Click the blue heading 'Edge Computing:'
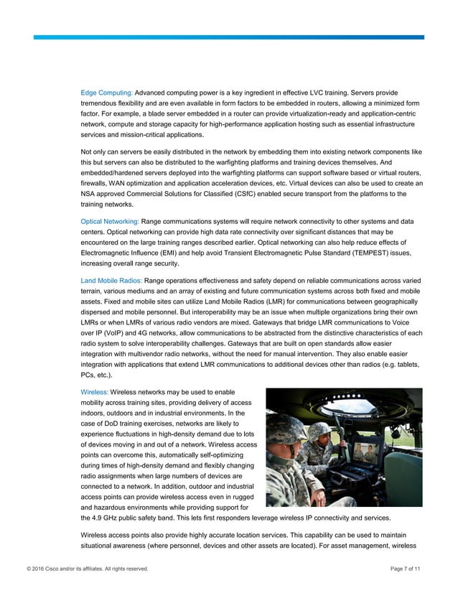106,93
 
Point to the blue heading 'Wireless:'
94,391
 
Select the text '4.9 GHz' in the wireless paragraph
106,518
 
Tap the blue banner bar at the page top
237,37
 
